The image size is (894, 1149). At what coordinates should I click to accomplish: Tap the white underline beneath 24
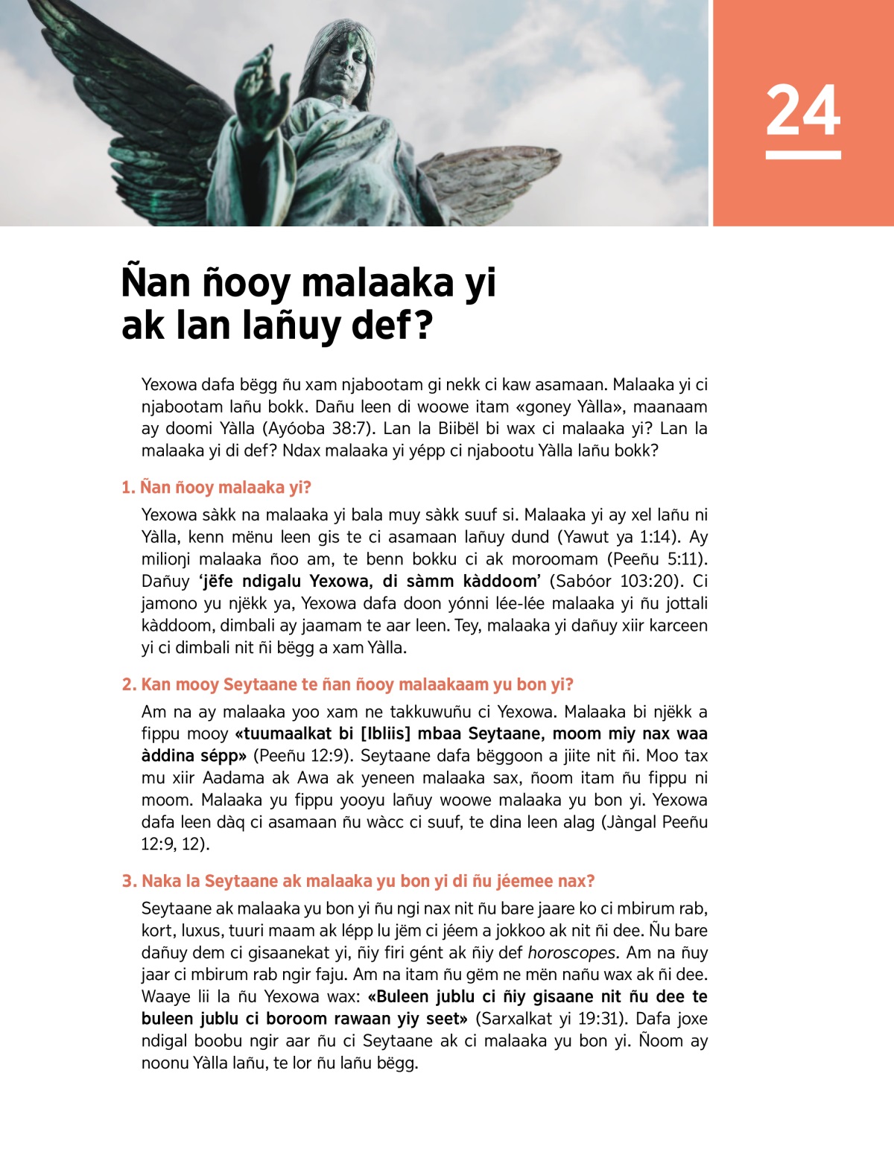[x=803, y=155]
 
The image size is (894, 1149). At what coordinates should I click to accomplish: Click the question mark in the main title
[x=424, y=326]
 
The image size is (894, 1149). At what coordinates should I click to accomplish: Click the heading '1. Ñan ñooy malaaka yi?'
[x=216, y=488]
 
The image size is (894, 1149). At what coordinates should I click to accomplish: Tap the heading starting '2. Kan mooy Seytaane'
[x=347, y=684]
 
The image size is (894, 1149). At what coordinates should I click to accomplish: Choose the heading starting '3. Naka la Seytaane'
[x=358, y=881]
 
